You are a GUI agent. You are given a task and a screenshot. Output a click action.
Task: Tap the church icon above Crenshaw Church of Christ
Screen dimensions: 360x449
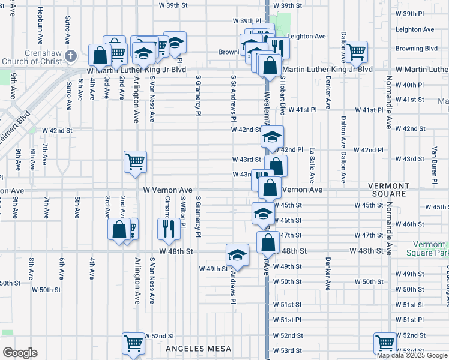pos(71,56)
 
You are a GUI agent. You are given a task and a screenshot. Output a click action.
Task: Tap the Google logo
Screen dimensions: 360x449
pos(20,352)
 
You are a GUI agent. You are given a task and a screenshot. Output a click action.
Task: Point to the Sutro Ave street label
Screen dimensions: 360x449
pos(68,28)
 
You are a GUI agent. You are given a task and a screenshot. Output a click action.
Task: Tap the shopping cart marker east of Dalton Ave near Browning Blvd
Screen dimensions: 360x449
pos(356,52)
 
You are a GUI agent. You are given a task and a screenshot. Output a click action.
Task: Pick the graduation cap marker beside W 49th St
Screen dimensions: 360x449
pos(237,254)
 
